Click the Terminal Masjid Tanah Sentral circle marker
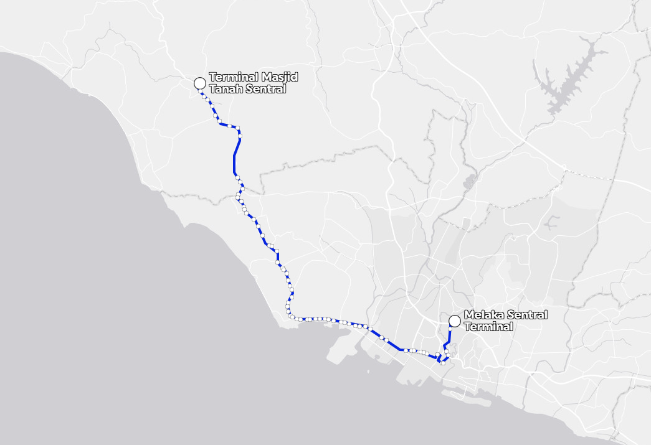(199, 83)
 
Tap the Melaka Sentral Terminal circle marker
(455, 321)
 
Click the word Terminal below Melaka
(488, 327)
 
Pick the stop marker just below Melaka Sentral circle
(450, 329)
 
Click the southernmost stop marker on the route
(442, 363)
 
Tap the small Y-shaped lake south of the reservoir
(551, 221)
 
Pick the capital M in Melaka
(468, 315)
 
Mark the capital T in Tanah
(212, 89)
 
